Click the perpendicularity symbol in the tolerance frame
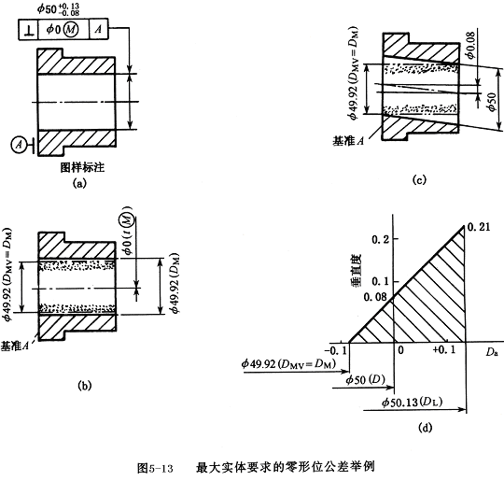[29, 30]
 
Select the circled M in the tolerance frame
[70, 30]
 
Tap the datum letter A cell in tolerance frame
[99, 29]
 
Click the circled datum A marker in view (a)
[19, 145]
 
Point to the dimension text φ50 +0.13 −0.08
[58, 9]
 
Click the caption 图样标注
[83, 167]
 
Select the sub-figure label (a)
[79, 183]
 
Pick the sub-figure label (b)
[85, 385]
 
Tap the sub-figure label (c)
[419, 179]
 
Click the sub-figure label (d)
[425, 428]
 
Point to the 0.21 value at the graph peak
[479, 227]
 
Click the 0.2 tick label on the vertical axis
[380, 239]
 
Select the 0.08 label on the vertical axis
[375, 297]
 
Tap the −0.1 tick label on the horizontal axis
[336, 350]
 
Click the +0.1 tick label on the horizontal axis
[444, 349]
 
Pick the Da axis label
[492, 352]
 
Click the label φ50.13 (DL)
[412, 403]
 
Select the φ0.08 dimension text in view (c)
[471, 45]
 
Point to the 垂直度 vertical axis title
[356, 270]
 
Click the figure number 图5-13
[155, 468]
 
